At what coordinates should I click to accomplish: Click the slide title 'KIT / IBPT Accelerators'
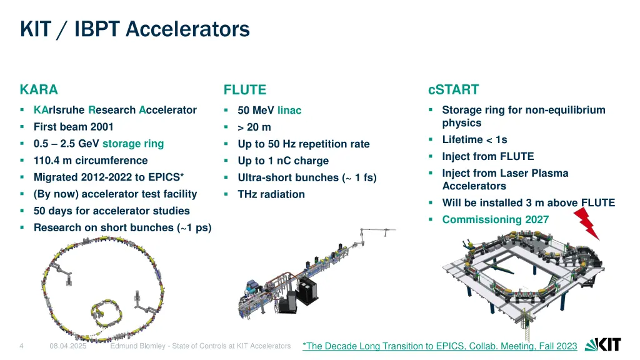tap(134, 29)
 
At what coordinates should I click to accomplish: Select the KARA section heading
tap(39, 89)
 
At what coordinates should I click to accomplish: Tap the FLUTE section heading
tap(245, 90)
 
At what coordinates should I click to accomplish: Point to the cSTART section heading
tap(453, 89)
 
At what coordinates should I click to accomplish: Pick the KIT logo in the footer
tap(602, 345)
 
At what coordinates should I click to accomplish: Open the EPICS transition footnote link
tap(439, 346)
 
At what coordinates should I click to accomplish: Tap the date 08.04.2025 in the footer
tap(68, 346)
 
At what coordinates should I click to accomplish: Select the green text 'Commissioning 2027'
tap(495, 219)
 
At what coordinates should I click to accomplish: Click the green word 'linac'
tap(289, 111)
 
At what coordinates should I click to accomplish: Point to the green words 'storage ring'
tap(133, 144)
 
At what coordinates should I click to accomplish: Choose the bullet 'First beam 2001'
tap(73, 127)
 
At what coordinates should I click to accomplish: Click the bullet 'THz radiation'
tap(271, 194)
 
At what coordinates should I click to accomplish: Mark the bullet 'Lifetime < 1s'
tap(474, 140)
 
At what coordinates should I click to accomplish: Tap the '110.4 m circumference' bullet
tap(91, 161)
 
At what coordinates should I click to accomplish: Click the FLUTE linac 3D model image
tap(312, 275)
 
